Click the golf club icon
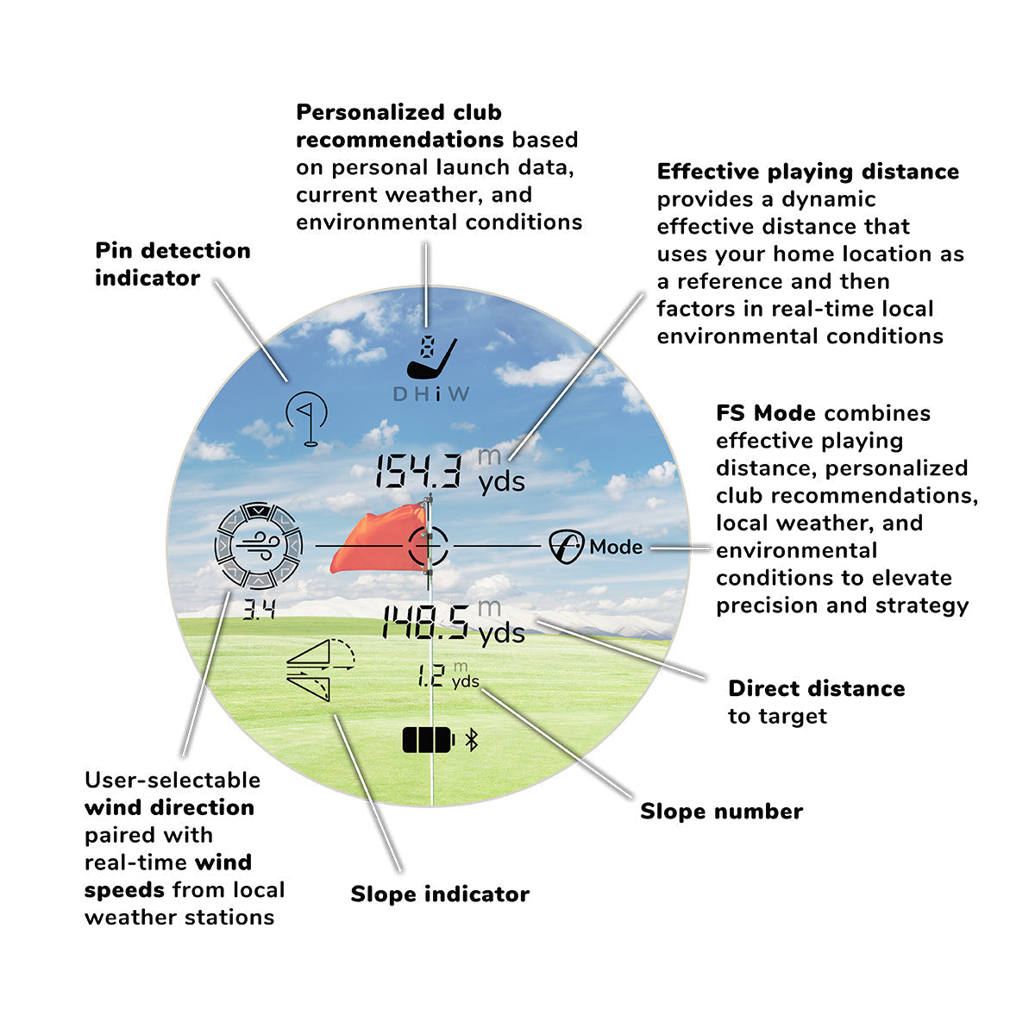tap(431, 357)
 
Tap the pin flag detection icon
tap(308, 418)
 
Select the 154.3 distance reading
tap(419, 472)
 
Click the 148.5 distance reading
tap(426, 622)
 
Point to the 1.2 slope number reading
tap(430, 675)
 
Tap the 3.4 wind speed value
tap(258, 611)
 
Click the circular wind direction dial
tap(258, 545)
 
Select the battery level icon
tap(428, 739)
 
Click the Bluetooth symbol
tap(471, 739)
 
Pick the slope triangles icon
tap(319, 669)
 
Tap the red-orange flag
tap(379, 540)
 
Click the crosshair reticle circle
tap(429, 546)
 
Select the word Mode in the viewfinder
tap(616, 547)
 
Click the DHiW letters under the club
tap(431, 394)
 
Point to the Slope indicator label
tap(440, 894)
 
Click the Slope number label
tap(721, 812)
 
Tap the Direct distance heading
tap(816, 688)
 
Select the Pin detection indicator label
tap(172, 264)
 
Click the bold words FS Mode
tap(765, 413)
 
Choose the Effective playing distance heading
tap(807, 172)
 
